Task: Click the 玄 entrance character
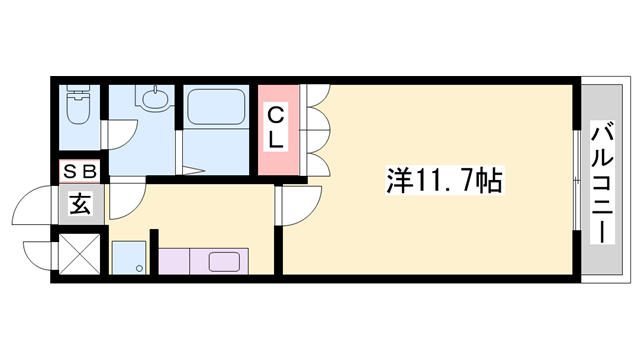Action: coord(79,206)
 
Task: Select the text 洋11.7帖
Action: coord(444,181)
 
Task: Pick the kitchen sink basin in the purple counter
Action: coord(230,263)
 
